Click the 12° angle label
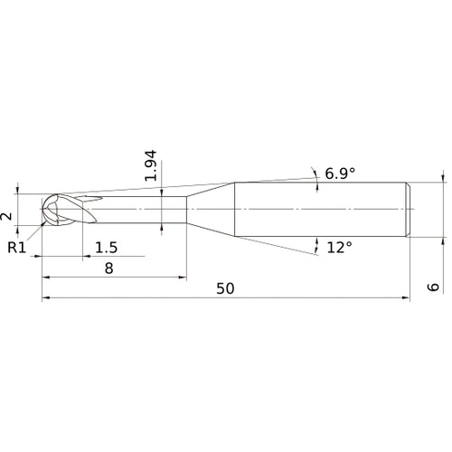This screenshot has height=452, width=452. coord(340,246)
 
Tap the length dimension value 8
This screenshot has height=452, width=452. coord(108,268)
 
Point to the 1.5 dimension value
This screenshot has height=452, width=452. coord(106,248)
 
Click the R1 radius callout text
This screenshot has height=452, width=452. coord(17,247)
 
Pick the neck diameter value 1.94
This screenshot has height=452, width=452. coord(152,165)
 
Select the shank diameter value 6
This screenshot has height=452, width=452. coord(433,287)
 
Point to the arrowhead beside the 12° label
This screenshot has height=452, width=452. coord(317,242)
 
